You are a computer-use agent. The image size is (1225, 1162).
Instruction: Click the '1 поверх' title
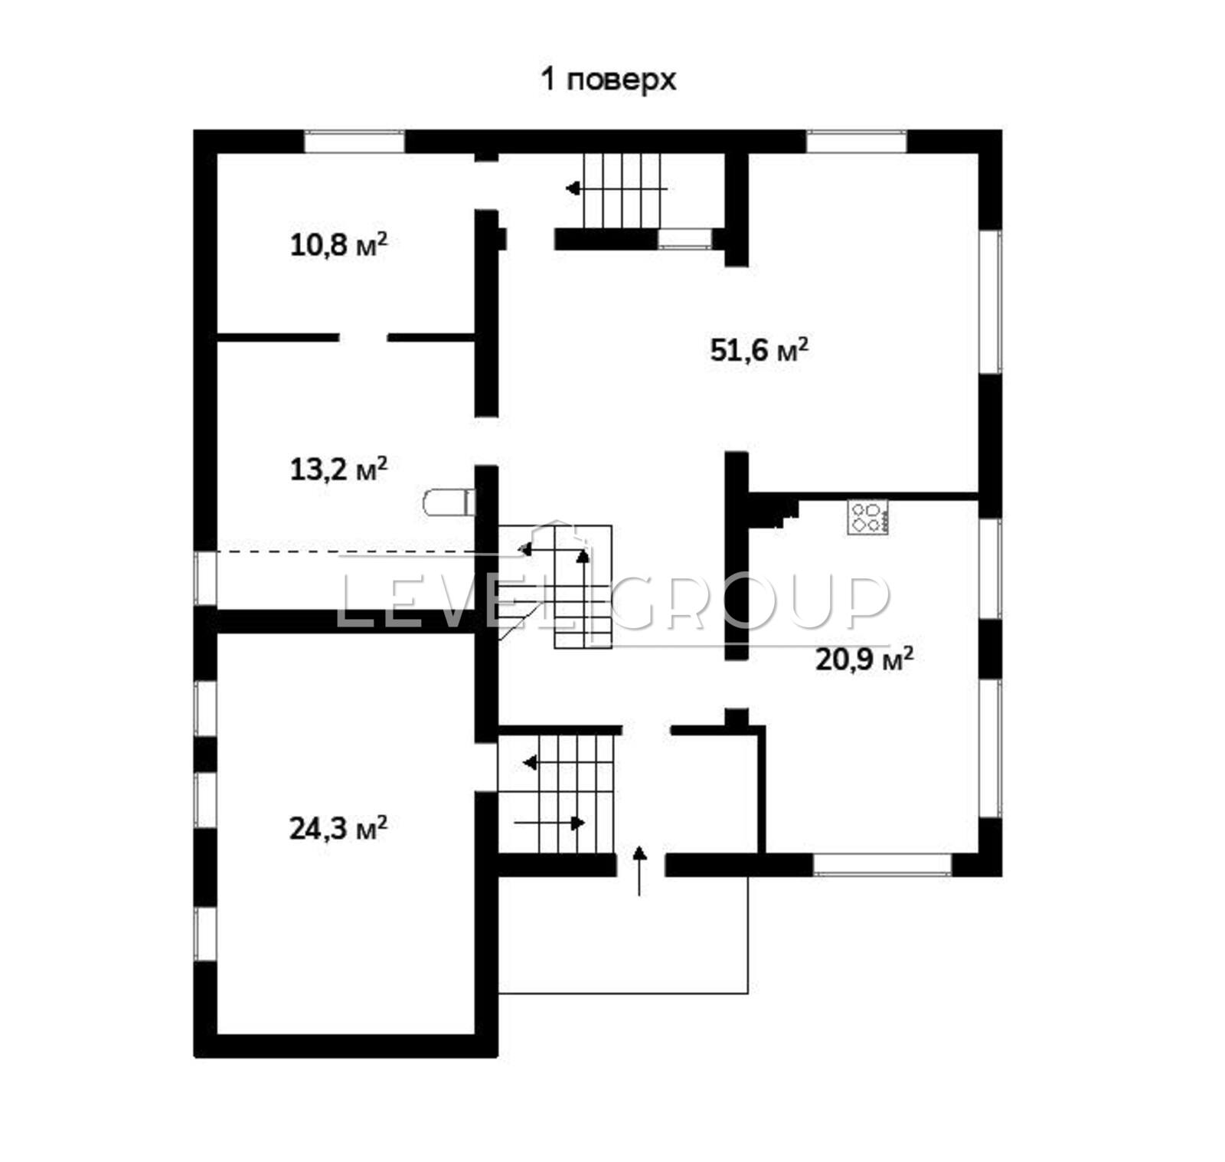pyautogui.click(x=609, y=79)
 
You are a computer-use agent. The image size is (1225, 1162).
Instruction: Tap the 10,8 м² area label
pyautogui.click(x=338, y=245)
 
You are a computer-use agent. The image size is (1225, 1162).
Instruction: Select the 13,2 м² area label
pyautogui.click(x=338, y=469)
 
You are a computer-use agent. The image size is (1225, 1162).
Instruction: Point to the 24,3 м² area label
pyautogui.click(x=338, y=828)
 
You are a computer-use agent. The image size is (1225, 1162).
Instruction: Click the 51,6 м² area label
pyautogui.click(x=759, y=350)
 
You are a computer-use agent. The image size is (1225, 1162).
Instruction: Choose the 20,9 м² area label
pyautogui.click(x=864, y=659)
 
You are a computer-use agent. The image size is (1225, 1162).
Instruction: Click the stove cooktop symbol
pyautogui.click(x=867, y=517)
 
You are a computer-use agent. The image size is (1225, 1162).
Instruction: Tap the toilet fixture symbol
pyautogui.click(x=449, y=502)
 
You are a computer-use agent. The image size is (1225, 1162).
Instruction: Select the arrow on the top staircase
pyautogui.click(x=616, y=188)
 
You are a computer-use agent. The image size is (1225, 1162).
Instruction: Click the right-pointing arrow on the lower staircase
pyautogui.click(x=550, y=823)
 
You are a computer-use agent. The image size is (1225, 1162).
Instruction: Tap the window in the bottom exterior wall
pyautogui.click(x=882, y=864)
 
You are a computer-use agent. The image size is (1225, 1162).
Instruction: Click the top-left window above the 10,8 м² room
pyautogui.click(x=354, y=142)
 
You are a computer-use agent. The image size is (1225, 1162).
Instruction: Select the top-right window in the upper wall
pyautogui.click(x=856, y=142)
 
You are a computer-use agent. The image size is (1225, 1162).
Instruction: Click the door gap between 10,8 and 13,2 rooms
pyautogui.click(x=364, y=337)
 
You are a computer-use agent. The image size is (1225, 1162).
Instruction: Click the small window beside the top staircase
pyautogui.click(x=685, y=238)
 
